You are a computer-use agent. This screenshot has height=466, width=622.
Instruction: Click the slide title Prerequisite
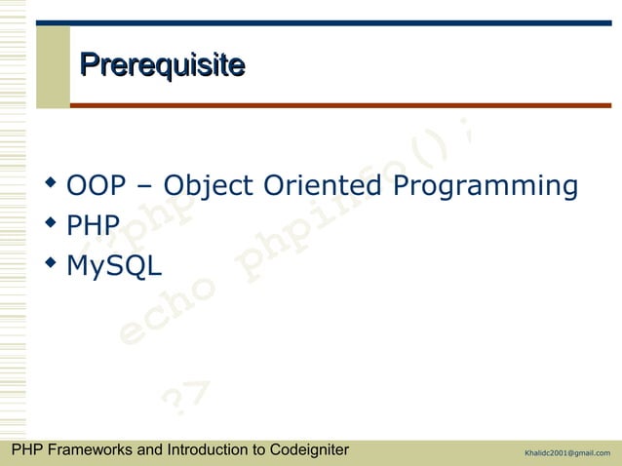tap(162, 65)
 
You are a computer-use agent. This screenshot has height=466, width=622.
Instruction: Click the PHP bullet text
tap(93, 226)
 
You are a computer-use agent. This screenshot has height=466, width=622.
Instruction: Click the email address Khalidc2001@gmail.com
tap(566, 452)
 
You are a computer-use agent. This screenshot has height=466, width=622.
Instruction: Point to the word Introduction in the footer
tap(208, 450)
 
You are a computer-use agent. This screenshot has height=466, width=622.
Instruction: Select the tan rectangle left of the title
tap(54, 66)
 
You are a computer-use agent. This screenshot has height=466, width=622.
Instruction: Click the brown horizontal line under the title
tap(340, 105)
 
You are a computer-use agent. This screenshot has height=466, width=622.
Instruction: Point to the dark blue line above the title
tap(340, 22)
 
